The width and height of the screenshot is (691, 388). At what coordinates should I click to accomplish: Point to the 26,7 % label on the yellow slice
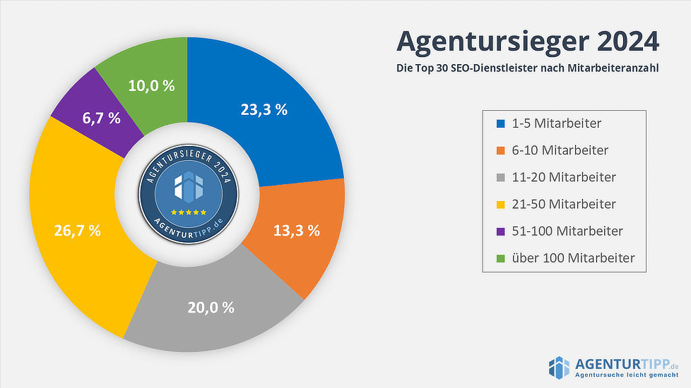tap(77, 230)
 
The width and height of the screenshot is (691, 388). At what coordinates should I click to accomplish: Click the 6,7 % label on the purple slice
tap(101, 119)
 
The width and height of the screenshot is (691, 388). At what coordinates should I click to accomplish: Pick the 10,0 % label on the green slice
tap(151, 85)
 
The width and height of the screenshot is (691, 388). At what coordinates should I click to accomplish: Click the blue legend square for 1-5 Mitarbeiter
tap(501, 123)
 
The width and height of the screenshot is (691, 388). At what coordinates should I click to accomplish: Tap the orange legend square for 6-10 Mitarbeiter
tap(501, 150)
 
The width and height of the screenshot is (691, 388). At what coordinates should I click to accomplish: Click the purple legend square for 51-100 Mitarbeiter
tap(501, 231)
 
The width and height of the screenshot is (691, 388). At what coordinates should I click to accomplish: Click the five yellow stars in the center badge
tap(188, 212)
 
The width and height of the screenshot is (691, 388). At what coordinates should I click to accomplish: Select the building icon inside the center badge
tap(188, 186)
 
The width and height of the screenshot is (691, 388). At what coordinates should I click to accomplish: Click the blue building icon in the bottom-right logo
tap(559, 367)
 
